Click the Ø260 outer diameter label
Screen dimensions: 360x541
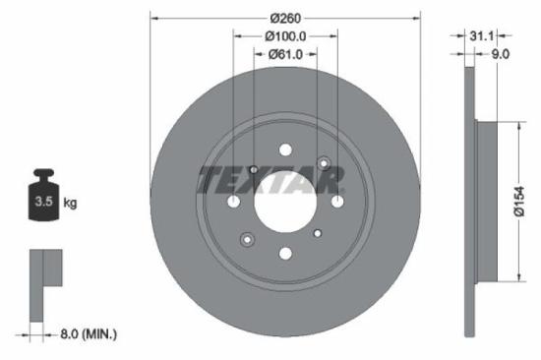(x=285, y=17)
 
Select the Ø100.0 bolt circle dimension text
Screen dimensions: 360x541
(x=285, y=35)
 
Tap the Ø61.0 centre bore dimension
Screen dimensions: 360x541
(x=285, y=55)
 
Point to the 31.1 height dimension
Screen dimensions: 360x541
(x=481, y=35)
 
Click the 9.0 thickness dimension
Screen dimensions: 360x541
(x=499, y=55)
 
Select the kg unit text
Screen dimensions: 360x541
(x=70, y=203)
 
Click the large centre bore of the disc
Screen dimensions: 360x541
(x=285, y=202)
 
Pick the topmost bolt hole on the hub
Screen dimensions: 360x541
(x=285, y=150)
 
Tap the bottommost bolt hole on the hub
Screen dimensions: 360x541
(x=285, y=253)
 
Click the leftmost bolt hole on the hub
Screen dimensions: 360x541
(x=234, y=202)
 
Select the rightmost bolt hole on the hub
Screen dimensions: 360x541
(x=336, y=202)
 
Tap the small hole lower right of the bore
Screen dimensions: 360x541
(x=317, y=233)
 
